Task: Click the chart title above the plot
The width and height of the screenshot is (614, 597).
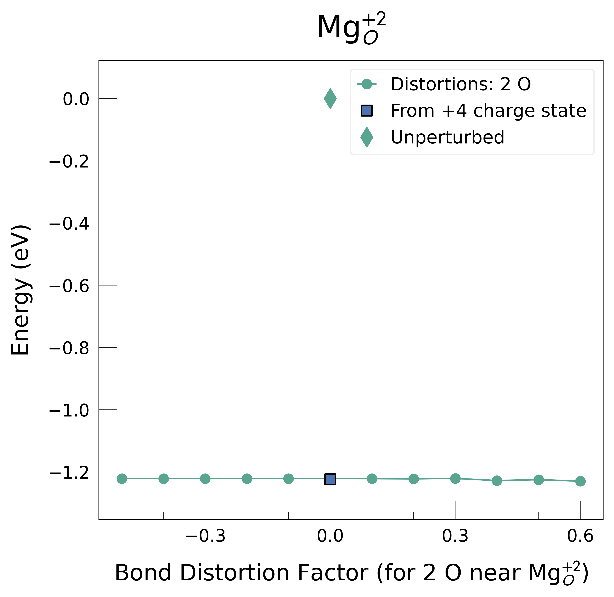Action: (x=351, y=28)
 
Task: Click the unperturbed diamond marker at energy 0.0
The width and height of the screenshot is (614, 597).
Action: (x=330, y=98)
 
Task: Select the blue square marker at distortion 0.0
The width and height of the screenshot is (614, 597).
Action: (x=330, y=479)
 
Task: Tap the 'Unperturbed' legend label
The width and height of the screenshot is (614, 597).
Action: (x=448, y=137)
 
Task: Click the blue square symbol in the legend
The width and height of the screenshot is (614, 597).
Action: (x=367, y=111)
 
